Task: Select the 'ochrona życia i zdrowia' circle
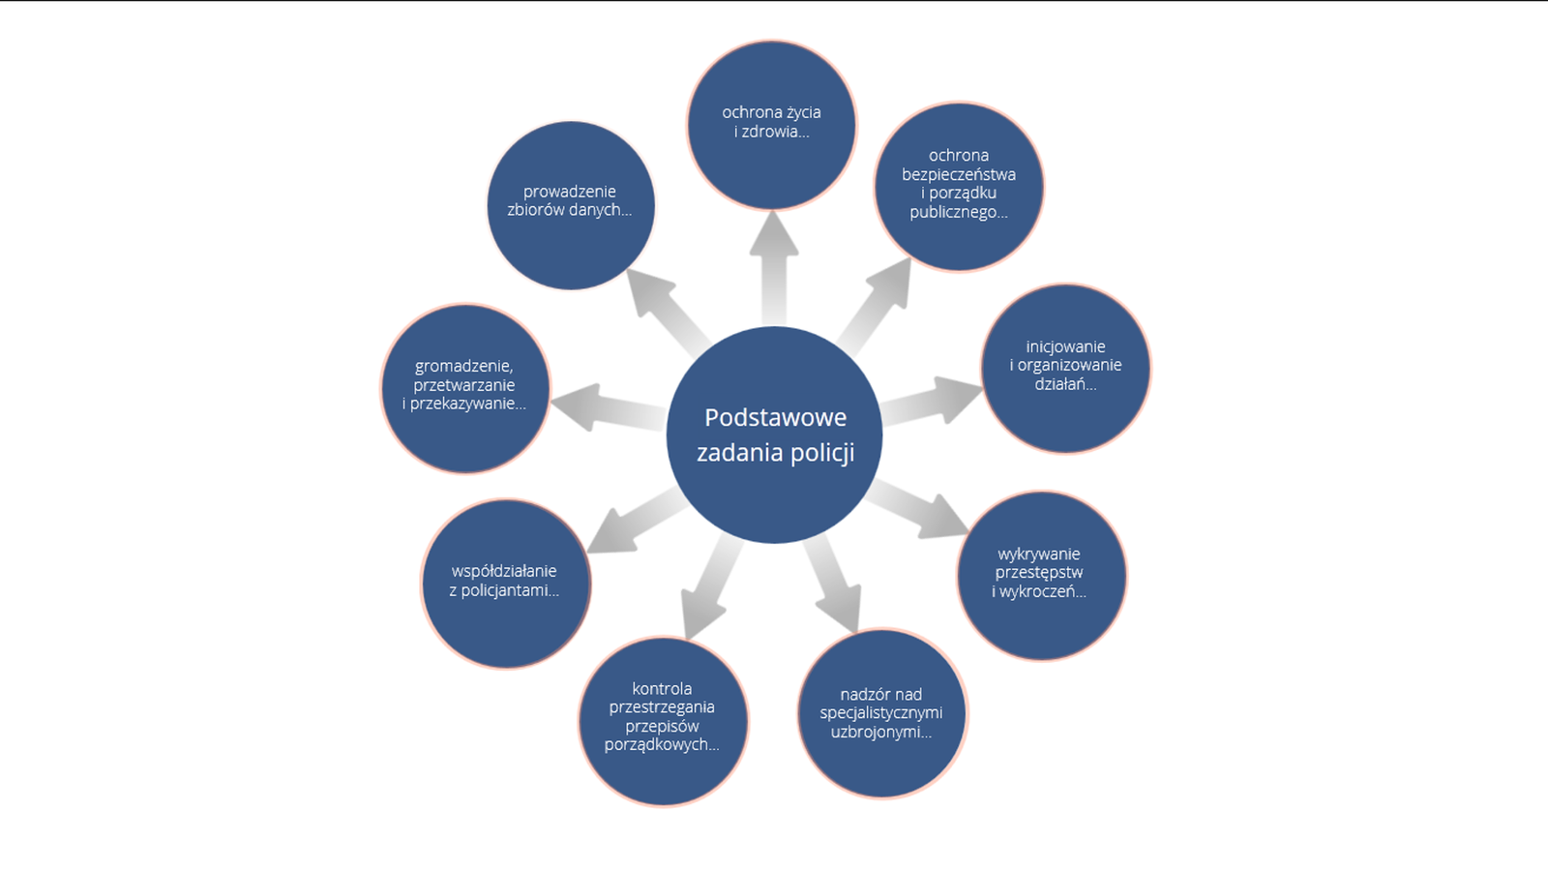coord(771,124)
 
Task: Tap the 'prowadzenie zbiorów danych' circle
coord(570,204)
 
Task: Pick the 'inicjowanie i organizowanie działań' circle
coord(1065,367)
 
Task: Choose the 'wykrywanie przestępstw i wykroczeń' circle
coord(1041,575)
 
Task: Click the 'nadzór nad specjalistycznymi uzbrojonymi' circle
coord(881,713)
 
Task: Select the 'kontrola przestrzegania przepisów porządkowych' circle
coord(663,720)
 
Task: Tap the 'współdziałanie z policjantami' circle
coord(505,583)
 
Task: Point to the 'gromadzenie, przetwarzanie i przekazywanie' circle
coord(465,387)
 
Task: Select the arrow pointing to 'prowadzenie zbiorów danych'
coord(669,309)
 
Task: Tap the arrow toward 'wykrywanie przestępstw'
coord(920,510)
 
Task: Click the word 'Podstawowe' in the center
coord(775,417)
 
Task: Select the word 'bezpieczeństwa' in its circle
coord(958,174)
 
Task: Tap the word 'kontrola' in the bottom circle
coord(662,688)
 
